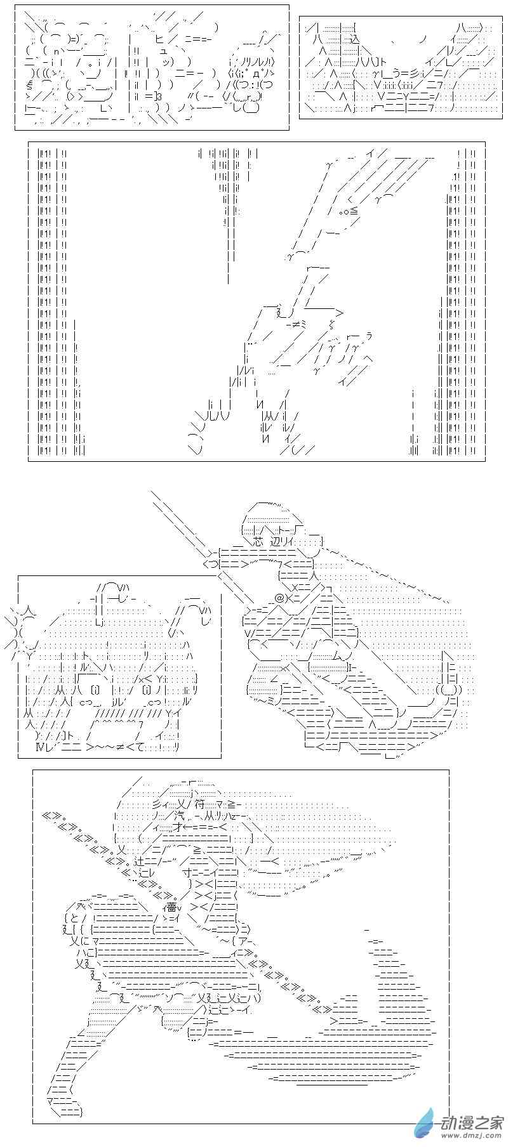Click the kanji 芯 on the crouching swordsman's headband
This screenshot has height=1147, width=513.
(256, 542)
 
